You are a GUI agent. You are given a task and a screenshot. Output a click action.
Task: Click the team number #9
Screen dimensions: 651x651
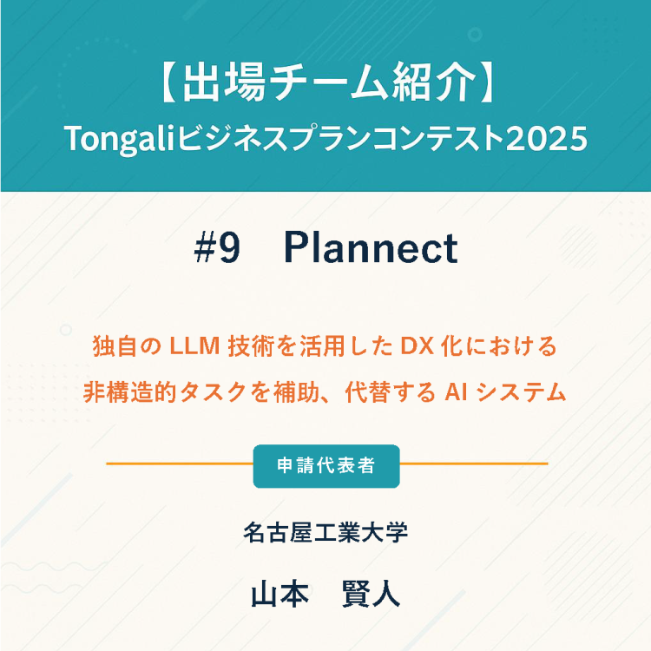[216, 250]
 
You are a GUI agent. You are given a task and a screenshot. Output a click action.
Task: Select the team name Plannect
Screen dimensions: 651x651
[372, 250]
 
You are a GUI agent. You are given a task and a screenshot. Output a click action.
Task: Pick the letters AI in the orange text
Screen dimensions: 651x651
[457, 392]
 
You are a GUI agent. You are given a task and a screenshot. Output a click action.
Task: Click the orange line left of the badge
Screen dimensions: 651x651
[178, 464]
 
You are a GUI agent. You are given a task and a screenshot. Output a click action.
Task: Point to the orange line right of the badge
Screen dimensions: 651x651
[473, 464]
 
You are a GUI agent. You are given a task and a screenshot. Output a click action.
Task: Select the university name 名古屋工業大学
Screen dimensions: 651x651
[325, 532]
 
